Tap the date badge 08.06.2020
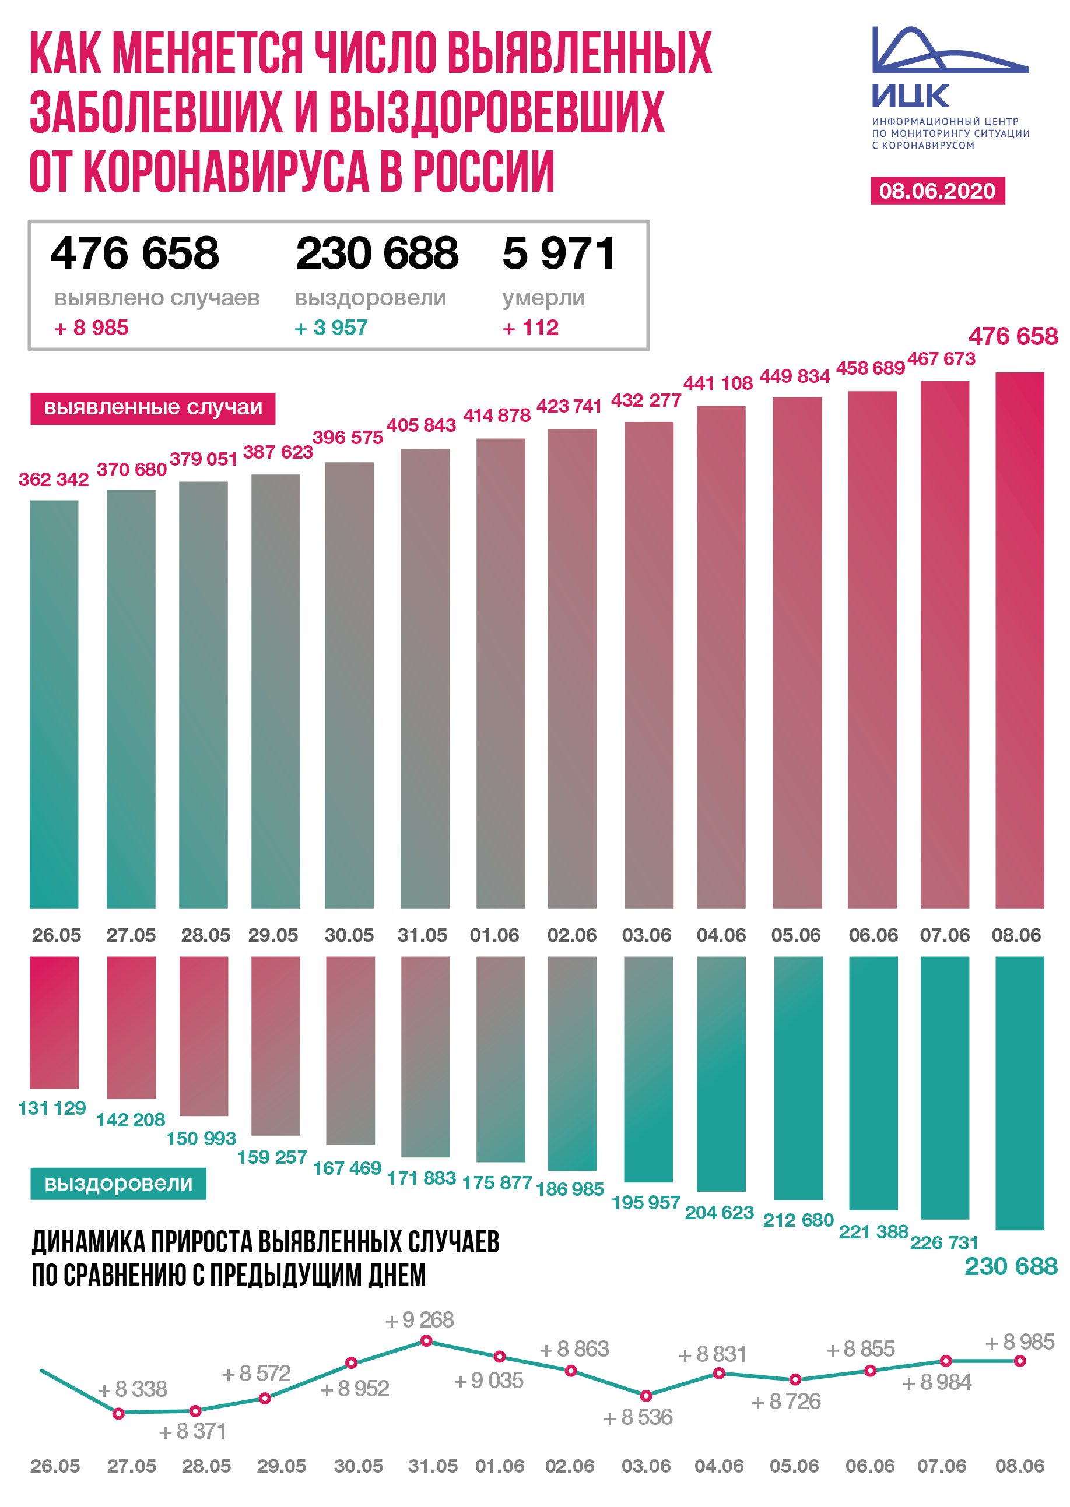pos(937,191)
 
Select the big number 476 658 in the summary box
pos(135,253)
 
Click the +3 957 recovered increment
pos(331,328)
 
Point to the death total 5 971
pos(558,253)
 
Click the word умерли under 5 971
pos(543,298)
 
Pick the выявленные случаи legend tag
pos(153,408)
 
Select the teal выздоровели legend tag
pos(118,1183)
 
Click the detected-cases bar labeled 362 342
pos(54,705)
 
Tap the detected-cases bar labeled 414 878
pos(500,671)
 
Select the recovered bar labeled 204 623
pos(721,1073)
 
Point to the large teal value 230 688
pos(1010,1266)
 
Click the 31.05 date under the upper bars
pos(422,935)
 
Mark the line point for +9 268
pos(426,1341)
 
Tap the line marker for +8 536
pos(645,1396)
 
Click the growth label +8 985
pos(1019,1341)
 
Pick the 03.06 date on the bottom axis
pos(645,1467)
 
